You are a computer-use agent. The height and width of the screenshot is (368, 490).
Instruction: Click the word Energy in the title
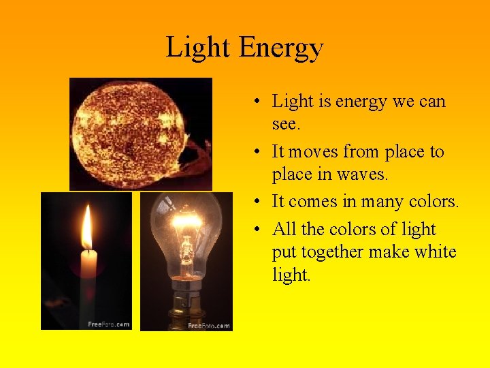coord(281,48)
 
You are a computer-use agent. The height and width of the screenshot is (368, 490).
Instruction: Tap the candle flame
coord(86,229)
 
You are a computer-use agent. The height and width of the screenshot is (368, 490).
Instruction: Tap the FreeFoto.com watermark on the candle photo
coord(109,324)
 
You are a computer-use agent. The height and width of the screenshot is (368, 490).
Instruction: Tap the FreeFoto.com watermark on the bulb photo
coord(209,326)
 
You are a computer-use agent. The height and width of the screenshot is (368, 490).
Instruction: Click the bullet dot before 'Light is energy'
coord(252,102)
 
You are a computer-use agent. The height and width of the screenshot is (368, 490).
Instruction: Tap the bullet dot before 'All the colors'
coord(252,230)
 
